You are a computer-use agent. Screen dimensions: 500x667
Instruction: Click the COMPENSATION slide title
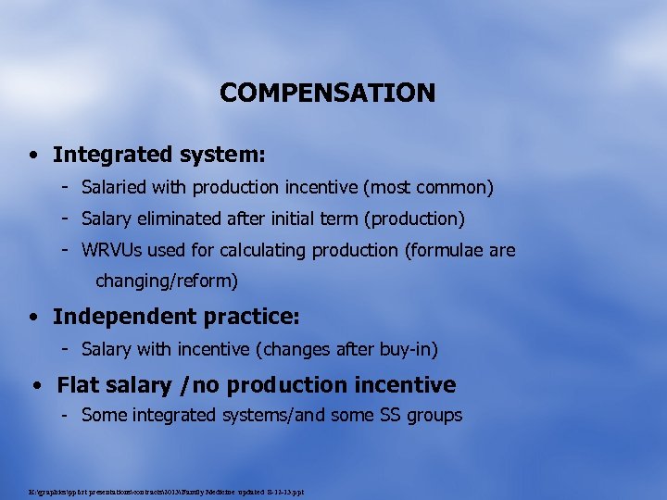tap(327, 93)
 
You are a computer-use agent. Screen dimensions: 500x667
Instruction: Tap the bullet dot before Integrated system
tap(33, 155)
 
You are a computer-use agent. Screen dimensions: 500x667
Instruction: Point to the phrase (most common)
tap(428, 188)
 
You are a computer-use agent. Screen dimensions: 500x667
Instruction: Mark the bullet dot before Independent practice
tap(33, 317)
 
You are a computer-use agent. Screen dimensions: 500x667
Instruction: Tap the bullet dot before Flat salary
tap(37, 385)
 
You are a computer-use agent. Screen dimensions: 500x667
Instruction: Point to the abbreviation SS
tap(391, 416)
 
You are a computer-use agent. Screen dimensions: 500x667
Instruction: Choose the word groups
tap(435, 416)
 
